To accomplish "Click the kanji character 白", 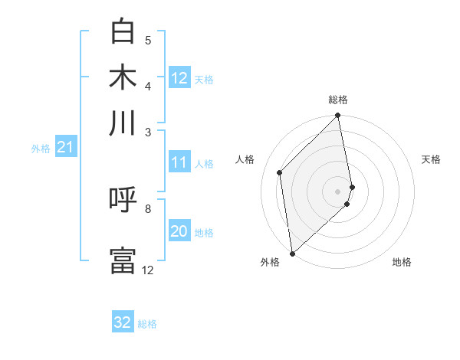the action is [x=123, y=32].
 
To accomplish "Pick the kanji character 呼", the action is [x=123, y=201].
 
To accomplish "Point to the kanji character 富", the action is [x=123, y=260].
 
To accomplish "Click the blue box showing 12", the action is [x=179, y=78].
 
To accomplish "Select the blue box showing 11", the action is [x=179, y=162].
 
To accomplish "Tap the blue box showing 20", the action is [x=179, y=231].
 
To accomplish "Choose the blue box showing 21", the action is [x=65, y=147].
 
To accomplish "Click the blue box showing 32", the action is [x=123, y=322].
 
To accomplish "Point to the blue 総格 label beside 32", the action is [x=147, y=324].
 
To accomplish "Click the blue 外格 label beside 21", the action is [x=40, y=149].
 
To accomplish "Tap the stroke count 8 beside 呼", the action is [x=147, y=208].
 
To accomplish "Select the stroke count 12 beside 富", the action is [x=148, y=270].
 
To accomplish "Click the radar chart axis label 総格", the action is [x=338, y=100].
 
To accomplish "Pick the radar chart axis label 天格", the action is [x=431, y=159].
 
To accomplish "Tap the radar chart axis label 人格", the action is [x=245, y=159].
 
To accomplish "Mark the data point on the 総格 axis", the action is [x=338, y=116].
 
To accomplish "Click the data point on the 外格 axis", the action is [x=292, y=253].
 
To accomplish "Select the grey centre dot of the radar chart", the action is [x=338, y=191].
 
